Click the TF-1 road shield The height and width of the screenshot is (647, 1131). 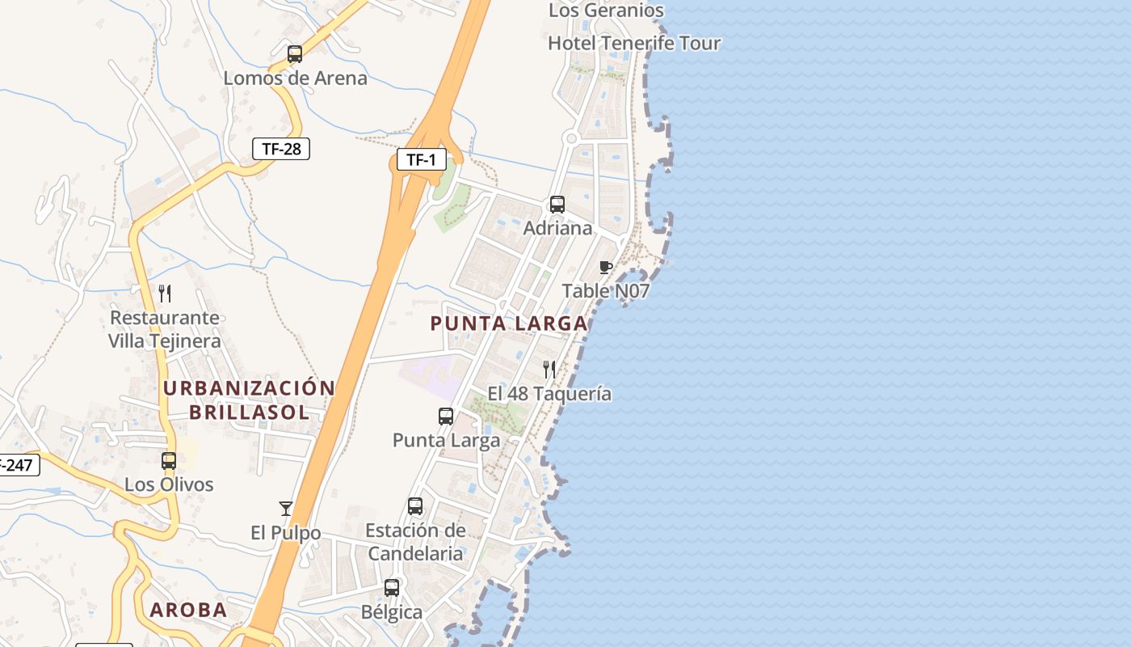pos(421,159)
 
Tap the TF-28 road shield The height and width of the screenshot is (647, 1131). pos(280,148)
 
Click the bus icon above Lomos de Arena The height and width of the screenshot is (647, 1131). pos(295,54)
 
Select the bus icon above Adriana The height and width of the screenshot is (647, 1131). pos(557,204)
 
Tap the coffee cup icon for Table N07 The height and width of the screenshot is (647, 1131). pos(606,267)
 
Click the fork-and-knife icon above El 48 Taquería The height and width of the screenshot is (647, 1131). pos(549,370)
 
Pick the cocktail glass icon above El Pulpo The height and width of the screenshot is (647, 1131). pos(285,508)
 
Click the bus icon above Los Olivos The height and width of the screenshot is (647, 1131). pos(169,461)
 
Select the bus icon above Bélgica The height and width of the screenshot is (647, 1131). pos(392,588)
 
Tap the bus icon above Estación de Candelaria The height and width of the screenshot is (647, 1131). pos(415,506)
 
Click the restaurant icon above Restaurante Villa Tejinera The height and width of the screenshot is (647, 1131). pos(165,293)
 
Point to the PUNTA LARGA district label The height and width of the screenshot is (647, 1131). pos(509,323)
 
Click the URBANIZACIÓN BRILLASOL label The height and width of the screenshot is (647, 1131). pos(249,400)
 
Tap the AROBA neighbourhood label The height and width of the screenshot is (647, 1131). pos(188,610)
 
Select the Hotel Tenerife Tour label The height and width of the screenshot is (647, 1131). pos(634,43)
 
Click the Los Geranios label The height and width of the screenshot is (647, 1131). pos(606,11)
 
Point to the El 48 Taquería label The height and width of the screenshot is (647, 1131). pos(549,394)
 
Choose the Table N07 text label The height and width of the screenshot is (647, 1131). pos(606,290)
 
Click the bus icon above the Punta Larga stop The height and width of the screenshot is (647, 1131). pos(446,417)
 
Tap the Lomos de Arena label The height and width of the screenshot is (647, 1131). pos(295,78)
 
